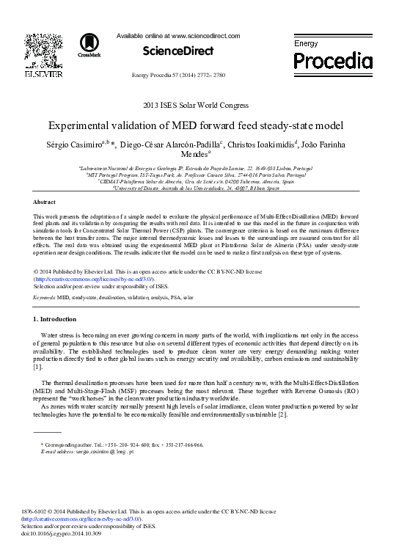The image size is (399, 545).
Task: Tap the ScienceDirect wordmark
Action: coord(179,51)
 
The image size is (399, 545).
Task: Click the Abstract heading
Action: coord(45,201)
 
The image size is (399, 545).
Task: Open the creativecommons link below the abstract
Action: coord(93,279)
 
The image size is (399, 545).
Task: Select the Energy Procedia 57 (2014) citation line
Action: coord(179,76)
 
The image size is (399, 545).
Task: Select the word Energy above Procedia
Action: coord(306,45)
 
